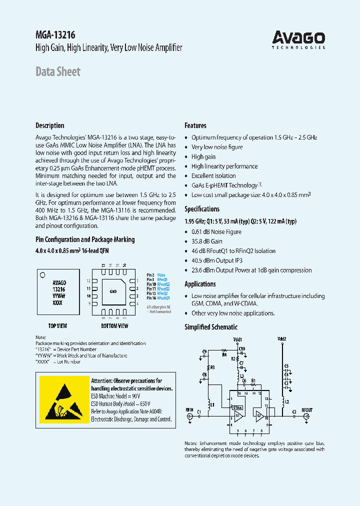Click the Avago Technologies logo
coord(298,39)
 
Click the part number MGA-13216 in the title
coord(55,35)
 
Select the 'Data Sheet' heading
coord(57,71)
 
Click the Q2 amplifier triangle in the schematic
coord(259,415)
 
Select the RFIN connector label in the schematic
coord(189,410)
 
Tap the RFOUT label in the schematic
coord(306,410)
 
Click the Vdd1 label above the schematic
coord(237,339)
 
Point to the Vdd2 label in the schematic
coord(281,339)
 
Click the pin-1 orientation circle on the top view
coord(43,274)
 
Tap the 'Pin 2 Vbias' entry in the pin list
coord(155,275)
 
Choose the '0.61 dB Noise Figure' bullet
coord(216,232)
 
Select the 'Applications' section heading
coord(200,284)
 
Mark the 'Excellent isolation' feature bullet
coord(213,176)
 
